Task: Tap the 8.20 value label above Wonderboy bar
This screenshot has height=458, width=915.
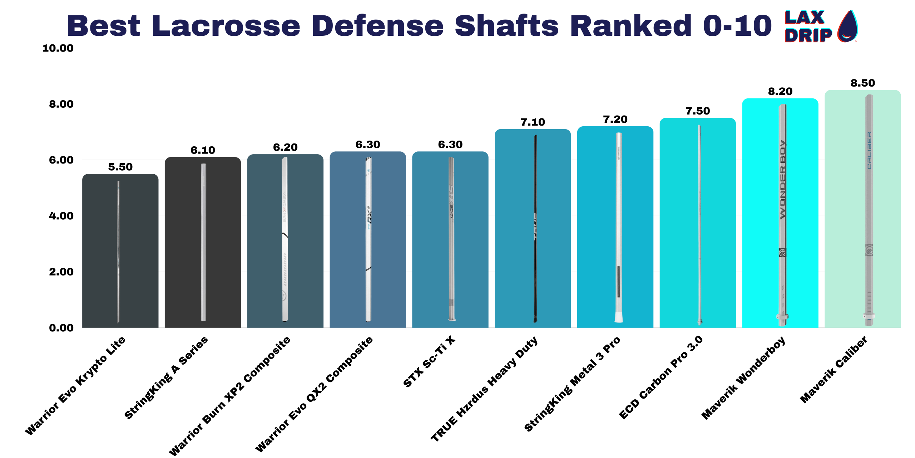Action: click(780, 92)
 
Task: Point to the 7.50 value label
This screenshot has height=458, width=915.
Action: click(697, 111)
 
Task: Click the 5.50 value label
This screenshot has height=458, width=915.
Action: click(120, 167)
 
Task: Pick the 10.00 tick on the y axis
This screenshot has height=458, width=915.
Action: click(58, 48)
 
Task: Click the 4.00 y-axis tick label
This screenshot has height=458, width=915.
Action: click(61, 216)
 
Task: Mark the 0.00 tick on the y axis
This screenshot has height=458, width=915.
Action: click(61, 328)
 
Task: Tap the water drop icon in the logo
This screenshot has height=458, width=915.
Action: click(847, 26)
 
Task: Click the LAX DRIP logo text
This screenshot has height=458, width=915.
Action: click(807, 27)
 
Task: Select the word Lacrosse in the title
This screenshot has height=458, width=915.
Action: click(226, 26)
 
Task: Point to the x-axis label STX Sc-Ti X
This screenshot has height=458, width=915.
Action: click(429, 361)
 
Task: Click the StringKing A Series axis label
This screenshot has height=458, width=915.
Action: click(166, 377)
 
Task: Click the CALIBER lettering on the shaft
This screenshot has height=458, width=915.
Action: click(869, 150)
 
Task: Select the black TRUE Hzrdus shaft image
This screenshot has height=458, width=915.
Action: click(535, 229)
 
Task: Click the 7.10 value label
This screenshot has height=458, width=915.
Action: click(533, 122)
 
